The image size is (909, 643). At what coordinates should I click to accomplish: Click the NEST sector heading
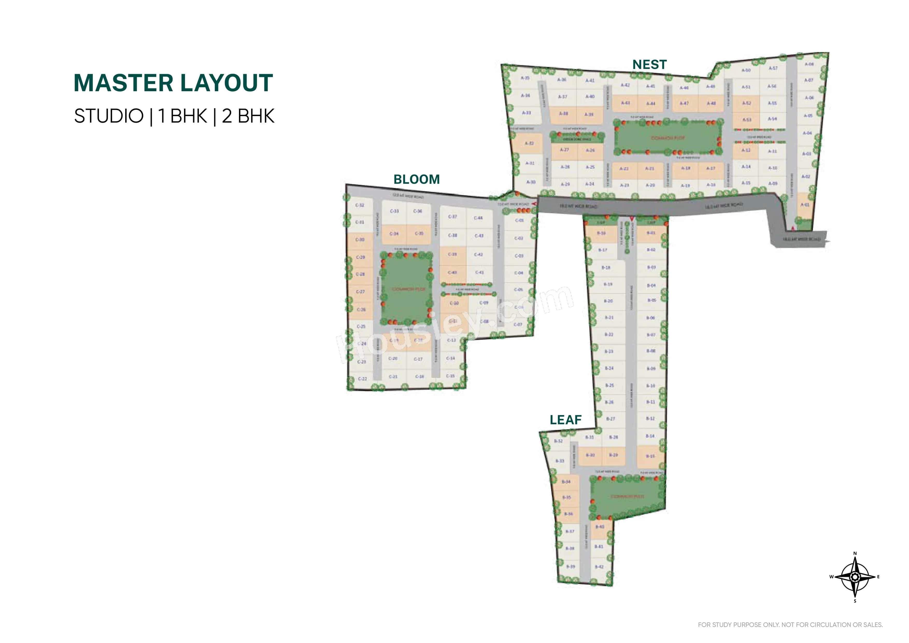pyautogui.click(x=649, y=65)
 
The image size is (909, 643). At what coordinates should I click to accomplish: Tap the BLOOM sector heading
pyautogui.click(x=416, y=179)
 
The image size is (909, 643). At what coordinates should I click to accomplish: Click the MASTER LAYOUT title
pyautogui.click(x=173, y=83)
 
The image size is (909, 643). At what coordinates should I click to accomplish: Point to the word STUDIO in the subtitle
pyautogui.click(x=109, y=116)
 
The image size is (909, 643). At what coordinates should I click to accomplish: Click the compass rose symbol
pyautogui.click(x=855, y=577)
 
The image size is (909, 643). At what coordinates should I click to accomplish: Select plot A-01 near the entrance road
pyautogui.click(x=805, y=205)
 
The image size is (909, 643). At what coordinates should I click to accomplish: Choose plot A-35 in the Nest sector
pyautogui.click(x=525, y=78)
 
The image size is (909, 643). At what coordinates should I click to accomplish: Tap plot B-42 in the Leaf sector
pyautogui.click(x=599, y=567)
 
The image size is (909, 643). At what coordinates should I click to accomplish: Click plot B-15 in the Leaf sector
pyautogui.click(x=650, y=456)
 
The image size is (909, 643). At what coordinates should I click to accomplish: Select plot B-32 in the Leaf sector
pyautogui.click(x=558, y=441)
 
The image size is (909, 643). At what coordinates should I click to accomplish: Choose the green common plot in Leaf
pyautogui.click(x=627, y=497)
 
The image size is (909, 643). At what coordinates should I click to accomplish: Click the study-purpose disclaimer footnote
pyautogui.click(x=790, y=625)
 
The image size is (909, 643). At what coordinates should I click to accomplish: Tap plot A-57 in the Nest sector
pyautogui.click(x=773, y=68)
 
